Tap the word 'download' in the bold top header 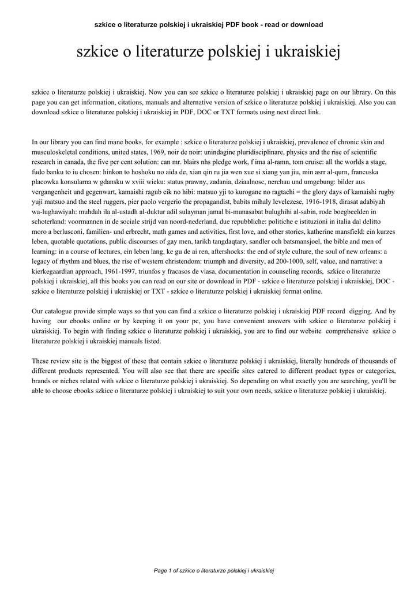pos(305,25)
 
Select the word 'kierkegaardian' pos(59,276)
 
